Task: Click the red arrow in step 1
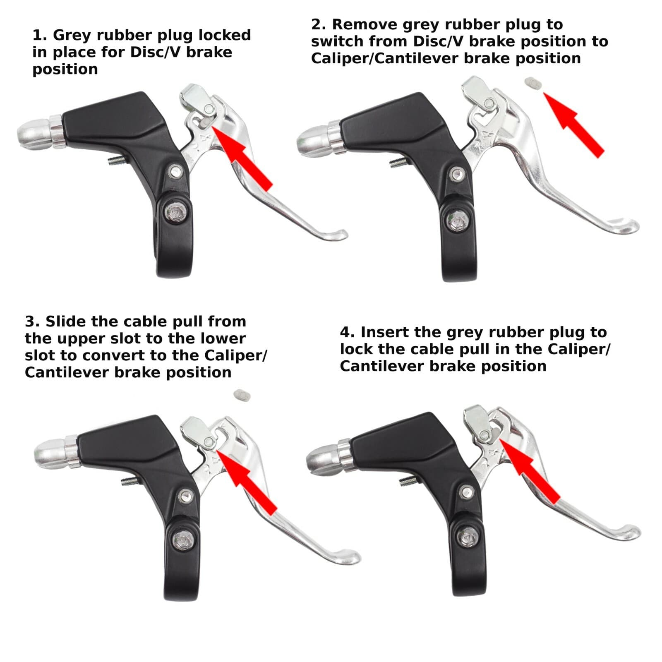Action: [x=244, y=159]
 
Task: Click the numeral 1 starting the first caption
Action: [x=38, y=36]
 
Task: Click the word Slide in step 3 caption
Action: [x=66, y=321]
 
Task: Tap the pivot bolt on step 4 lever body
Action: [x=468, y=492]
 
